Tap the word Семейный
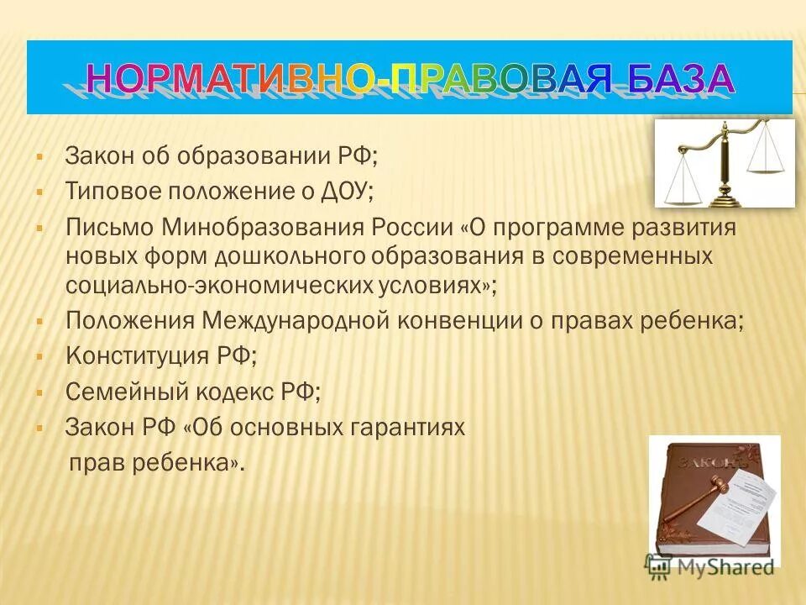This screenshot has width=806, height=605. point(124,392)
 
